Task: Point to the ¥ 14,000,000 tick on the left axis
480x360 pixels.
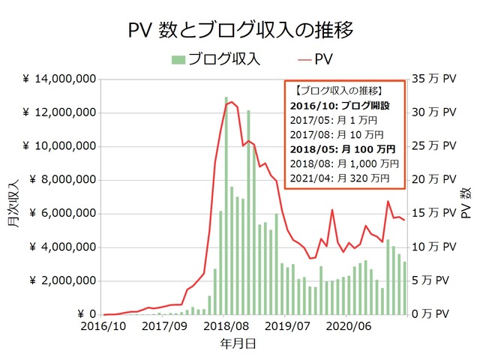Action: tap(58, 79)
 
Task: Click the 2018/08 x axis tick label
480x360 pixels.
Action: tap(226, 327)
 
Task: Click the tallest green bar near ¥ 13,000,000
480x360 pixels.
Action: tap(226, 206)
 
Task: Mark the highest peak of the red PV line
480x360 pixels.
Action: tap(232, 102)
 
